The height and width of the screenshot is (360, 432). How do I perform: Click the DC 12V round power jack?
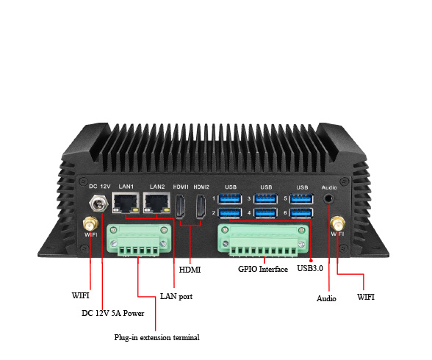point(98,204)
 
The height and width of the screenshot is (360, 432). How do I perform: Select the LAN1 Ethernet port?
point(126,203)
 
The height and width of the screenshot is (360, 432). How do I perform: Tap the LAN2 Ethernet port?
point(156,203)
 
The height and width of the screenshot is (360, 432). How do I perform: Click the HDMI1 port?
point(181,206)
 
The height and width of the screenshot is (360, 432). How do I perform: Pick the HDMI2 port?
point(201,206)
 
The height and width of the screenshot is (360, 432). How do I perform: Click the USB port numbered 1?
point(230,198)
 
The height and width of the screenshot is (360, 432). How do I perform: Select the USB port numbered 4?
point(265,212)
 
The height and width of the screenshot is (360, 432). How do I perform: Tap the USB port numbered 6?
point(301,212)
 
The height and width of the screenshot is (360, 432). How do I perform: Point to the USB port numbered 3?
point(265,198)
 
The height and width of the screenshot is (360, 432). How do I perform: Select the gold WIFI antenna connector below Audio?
point(337,223)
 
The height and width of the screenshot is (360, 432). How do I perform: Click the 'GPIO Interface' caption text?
point(263,269)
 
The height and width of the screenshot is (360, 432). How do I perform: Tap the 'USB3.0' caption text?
point(310,268)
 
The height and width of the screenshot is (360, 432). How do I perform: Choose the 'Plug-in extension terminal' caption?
point(156,338)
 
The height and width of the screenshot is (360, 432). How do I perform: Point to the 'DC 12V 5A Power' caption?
point(113,313)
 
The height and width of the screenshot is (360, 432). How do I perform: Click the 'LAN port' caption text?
point(176,296)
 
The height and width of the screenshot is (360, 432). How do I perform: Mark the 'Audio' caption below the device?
point(326,298)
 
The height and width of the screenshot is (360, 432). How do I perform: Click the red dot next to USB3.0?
point(311,261)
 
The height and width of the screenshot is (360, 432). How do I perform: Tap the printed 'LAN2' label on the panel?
point(157,187)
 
